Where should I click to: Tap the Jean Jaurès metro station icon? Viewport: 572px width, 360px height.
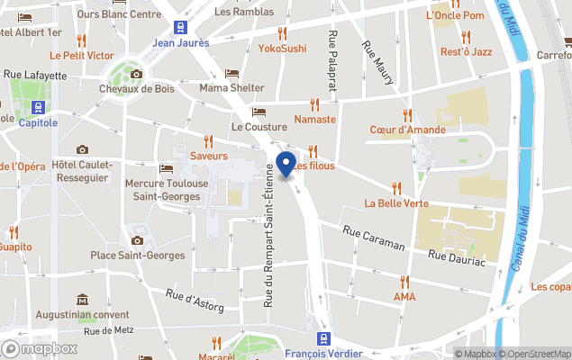point(181,27)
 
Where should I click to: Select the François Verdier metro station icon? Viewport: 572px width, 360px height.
point(322,338)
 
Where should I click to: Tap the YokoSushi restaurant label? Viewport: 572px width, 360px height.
point(282,48)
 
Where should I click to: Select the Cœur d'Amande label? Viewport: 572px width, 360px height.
point(407,130)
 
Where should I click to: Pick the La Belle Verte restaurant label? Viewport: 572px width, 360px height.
point(396,202)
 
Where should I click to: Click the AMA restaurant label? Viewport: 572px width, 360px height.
point(404,296)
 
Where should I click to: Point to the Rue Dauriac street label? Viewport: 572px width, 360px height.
point(456,258)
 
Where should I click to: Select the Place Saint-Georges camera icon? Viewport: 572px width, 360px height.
point(137,240)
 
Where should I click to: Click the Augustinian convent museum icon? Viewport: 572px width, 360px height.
point(82,300)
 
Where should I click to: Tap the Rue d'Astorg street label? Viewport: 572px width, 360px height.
point(195,301)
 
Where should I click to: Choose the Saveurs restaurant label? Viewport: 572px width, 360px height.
point(208,156)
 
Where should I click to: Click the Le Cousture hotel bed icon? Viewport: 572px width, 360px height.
point(259,112)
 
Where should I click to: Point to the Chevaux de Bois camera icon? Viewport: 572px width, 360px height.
point(136,75)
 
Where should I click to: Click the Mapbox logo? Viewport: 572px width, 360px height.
point(40,348)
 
